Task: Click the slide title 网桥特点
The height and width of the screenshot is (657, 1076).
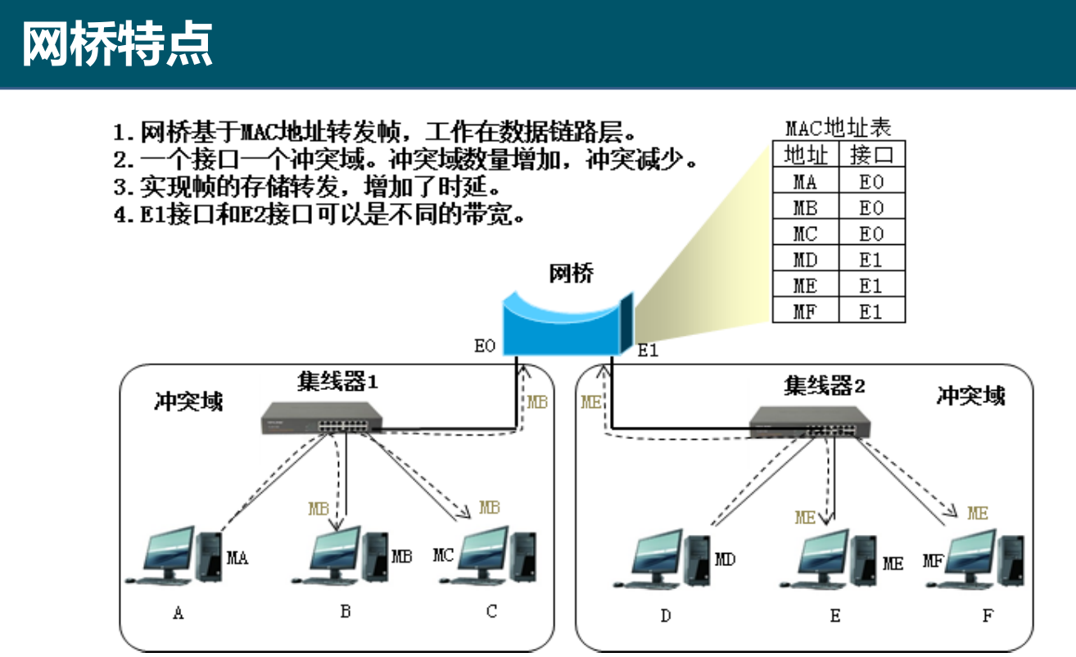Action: [x=116, y=44]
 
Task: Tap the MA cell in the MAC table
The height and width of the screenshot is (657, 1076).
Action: [x=805, y=182]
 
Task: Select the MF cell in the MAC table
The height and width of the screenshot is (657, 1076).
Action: [x=805, y=311]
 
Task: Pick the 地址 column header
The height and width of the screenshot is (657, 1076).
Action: [x=805, y=155]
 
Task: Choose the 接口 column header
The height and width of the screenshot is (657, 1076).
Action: [x=871, y=155]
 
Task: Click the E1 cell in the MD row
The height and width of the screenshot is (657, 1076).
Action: [x=871, y=260]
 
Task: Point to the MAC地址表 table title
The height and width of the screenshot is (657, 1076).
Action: [x=838, y=128]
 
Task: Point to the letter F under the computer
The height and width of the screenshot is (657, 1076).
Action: [x=988, y=616]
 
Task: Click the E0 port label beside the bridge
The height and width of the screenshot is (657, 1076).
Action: [x=485, y=347]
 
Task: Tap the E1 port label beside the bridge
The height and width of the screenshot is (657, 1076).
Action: [x=648, y=351]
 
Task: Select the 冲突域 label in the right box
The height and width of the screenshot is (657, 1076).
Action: [x=970, y=396]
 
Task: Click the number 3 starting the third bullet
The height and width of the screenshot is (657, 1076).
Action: [x=120, y=188]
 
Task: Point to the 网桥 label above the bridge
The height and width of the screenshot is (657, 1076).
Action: [x=571, y=274]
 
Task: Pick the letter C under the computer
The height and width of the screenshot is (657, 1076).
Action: [x=491, y=612]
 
